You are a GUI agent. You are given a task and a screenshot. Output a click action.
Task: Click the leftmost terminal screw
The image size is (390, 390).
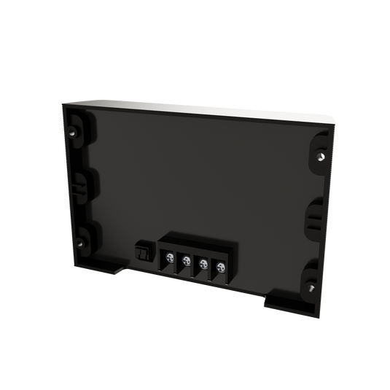tap(168, 258)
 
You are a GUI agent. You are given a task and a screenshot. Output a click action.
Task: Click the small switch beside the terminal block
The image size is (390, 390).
tap(141, 252)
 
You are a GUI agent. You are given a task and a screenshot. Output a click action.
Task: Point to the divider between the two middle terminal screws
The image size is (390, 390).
tap(194, 263)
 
